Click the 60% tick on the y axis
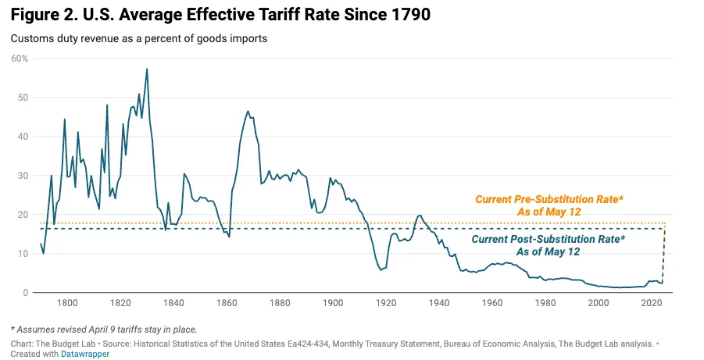pos(19,59)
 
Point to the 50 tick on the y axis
pos(21,98)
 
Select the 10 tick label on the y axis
pos(21,254)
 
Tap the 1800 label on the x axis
pos(67,303)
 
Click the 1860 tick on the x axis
pos(227,303)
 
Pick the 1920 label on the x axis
pos(386,303)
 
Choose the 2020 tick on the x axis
pos(652,303)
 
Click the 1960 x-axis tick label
pos(492,303)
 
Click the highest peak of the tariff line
pos(147,69)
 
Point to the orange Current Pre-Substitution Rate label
pos(550,205)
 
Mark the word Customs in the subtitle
pos(32,39)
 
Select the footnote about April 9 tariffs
pos(104,328)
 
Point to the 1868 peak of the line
pos(248,111)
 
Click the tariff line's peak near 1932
pos(420,215)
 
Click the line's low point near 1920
pos(381,269)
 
